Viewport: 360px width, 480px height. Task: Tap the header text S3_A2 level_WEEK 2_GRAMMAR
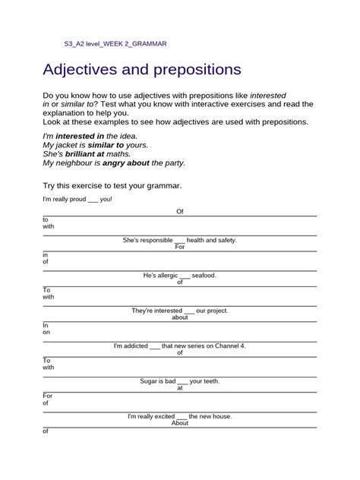[115, 45]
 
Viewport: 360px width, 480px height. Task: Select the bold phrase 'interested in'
[79, 135]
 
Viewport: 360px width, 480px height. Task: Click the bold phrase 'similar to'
[105, 144]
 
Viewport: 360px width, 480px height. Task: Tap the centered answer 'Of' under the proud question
[180, 212]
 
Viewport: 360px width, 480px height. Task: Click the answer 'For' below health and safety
[180, 247]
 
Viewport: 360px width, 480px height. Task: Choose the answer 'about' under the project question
[180, 317]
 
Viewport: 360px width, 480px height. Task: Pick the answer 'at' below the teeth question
[180, 387]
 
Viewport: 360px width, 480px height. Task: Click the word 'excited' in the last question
[162, 416]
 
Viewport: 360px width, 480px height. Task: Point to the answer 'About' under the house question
[180, 423]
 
